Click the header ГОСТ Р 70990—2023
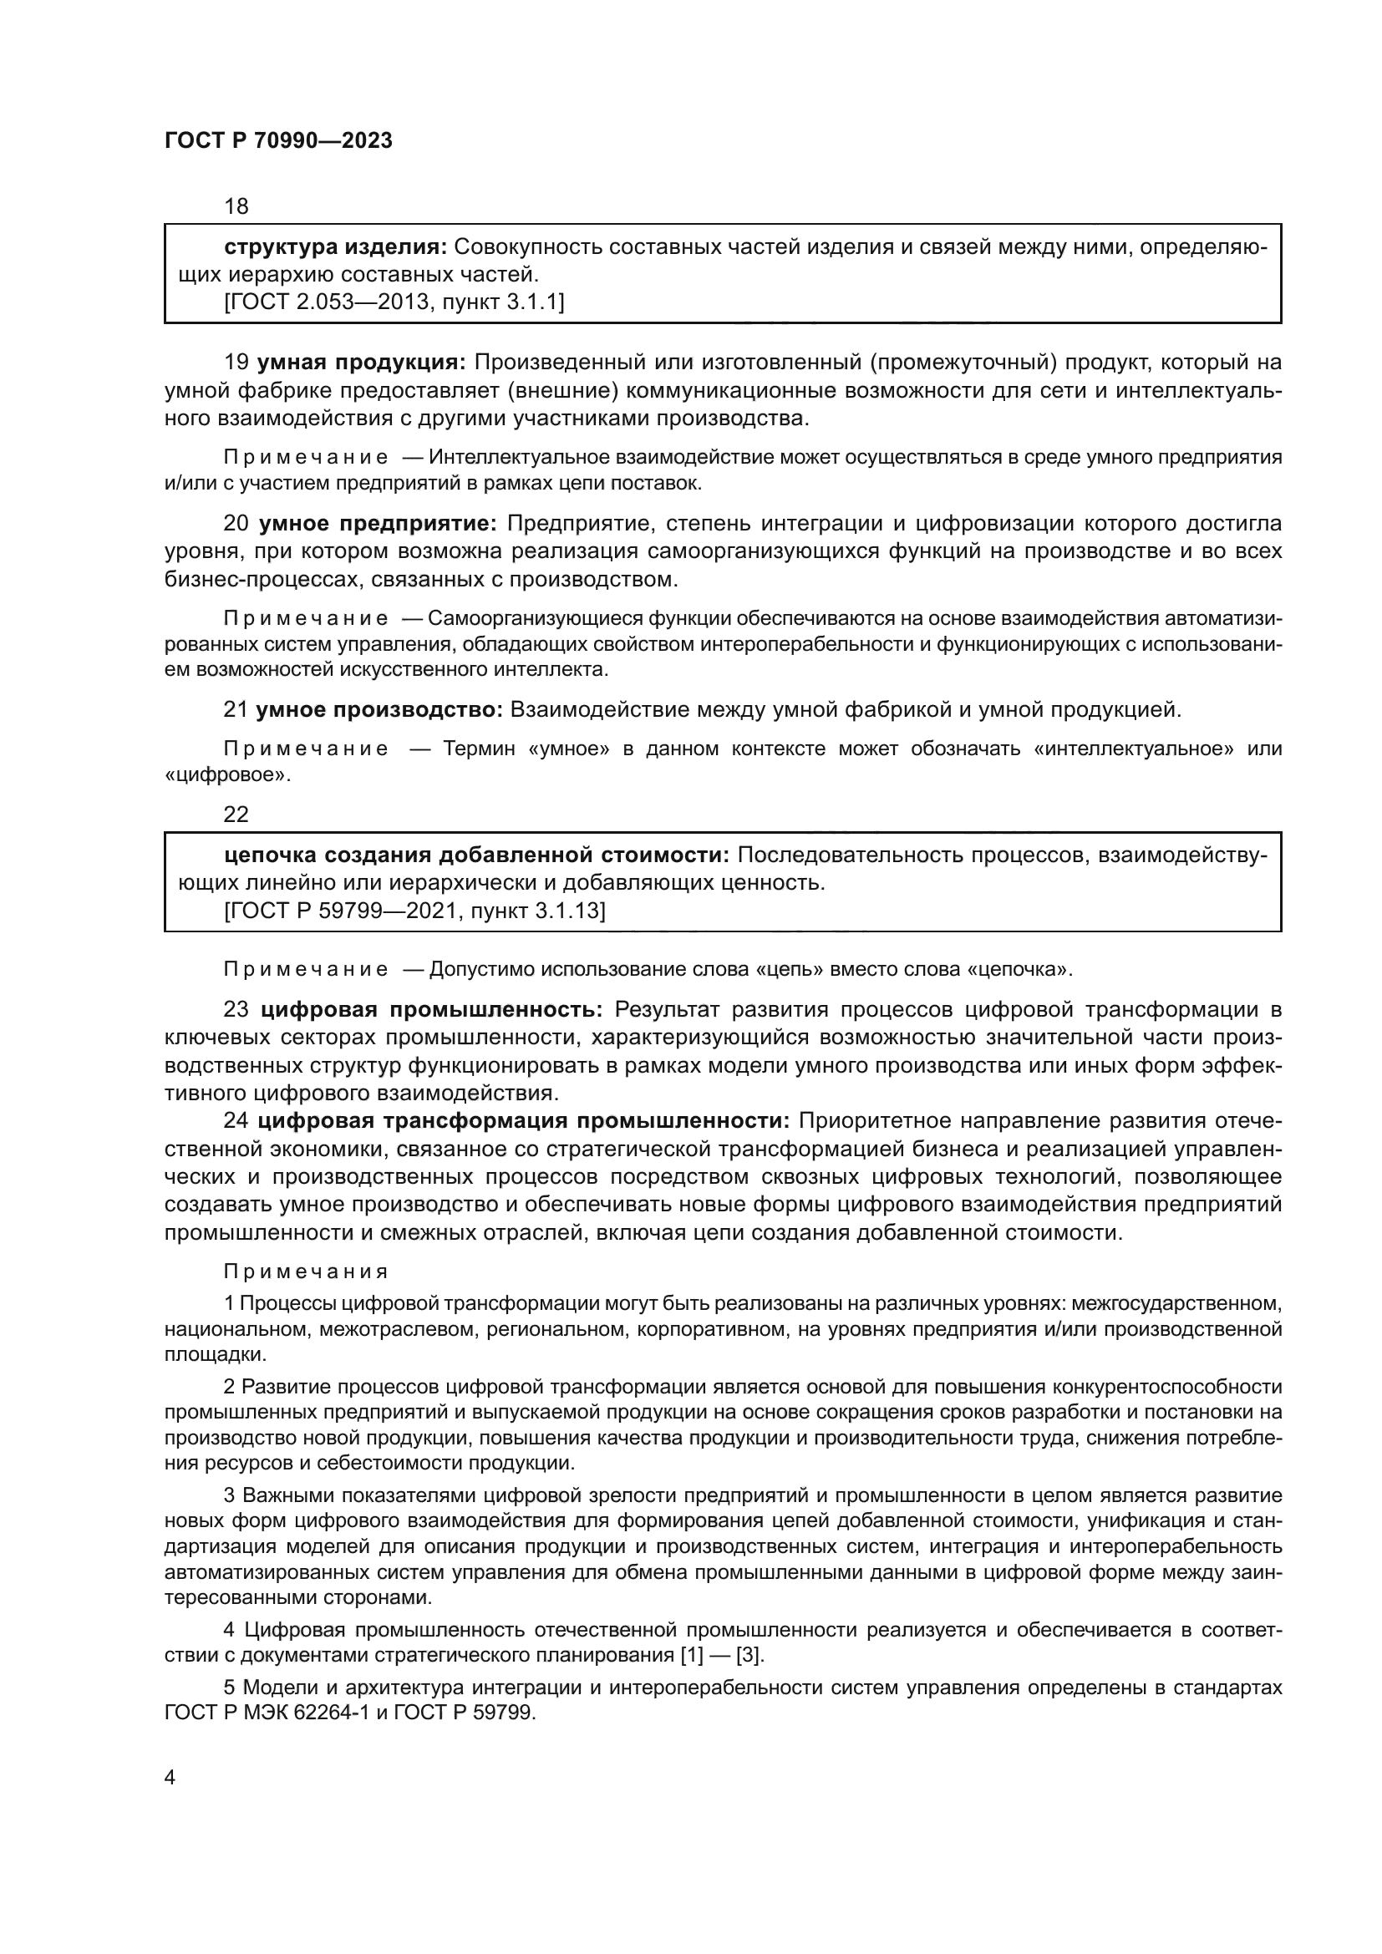pos(278,141)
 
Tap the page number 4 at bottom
pos(170,1778)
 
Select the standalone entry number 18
pos(236,206)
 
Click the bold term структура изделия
pos(334,247)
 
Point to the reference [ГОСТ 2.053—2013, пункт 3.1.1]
pos(394,302)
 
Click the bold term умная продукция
pos(361,363)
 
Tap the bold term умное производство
pos(379,709)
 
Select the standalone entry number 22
pos(236,815)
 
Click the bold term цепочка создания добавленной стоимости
pos(476,855)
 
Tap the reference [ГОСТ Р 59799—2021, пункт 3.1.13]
pos(414,911)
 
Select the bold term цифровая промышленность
pos(431,1010)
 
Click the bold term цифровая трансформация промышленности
pos(523,1121)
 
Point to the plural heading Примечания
pos(306,1272)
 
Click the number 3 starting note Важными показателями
pos(229,1495)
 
